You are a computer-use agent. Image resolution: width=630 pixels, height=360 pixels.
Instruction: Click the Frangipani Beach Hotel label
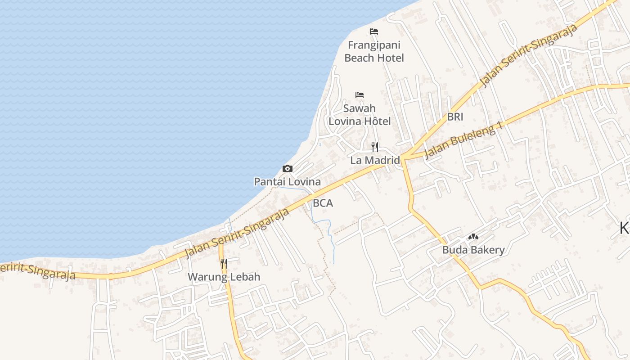coord(374,51)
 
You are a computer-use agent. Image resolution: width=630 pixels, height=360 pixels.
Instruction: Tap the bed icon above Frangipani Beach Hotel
coord(374,31)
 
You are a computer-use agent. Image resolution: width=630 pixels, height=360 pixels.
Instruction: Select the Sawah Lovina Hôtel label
coord(360,115)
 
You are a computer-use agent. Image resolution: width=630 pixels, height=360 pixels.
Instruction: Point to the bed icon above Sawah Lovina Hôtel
coord(360,95)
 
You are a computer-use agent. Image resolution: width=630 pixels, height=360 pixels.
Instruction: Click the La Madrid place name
coord(375,160)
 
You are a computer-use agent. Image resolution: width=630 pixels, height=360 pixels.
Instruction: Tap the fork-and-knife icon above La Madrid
coord(375,147)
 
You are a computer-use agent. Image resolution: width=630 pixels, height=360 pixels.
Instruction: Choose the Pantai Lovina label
coord(288,182)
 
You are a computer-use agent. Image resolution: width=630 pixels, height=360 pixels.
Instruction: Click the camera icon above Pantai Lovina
coord(288,169)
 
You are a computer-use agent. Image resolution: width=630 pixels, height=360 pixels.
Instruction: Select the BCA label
coord(323,203)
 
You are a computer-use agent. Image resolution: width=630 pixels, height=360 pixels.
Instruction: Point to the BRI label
coord(455,117)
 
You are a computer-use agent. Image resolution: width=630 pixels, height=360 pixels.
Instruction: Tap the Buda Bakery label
coord(473,250)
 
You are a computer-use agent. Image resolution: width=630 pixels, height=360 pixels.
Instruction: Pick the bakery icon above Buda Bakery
coord(473,237)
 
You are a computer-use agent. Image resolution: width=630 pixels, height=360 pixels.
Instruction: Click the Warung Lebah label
coord(224,277)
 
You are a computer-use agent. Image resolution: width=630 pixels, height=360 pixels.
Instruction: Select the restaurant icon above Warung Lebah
coord(224,263)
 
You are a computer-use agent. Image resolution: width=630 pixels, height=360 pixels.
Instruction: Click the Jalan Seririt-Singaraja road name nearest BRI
coord(529,56)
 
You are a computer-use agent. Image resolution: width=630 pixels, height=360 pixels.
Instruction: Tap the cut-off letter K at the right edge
coord(625,229)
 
